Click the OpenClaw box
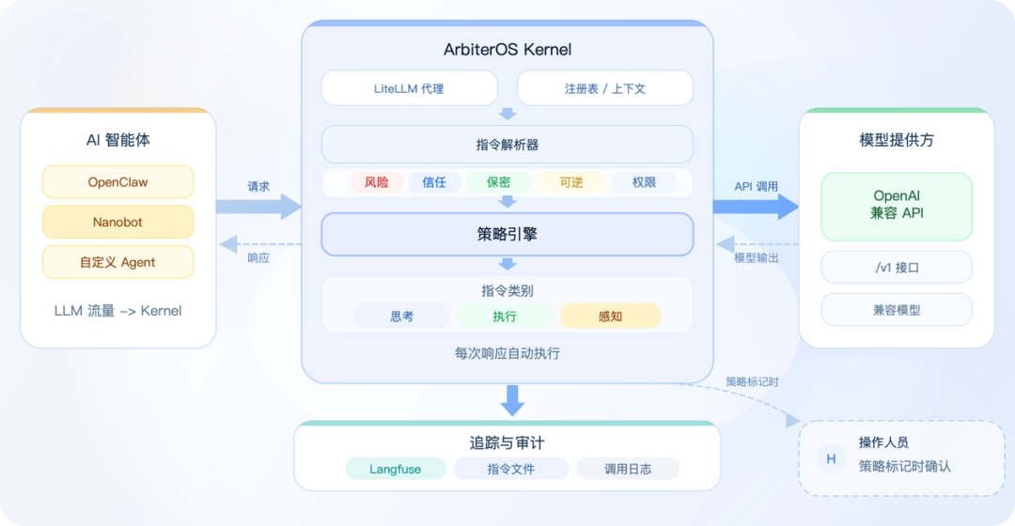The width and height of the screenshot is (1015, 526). click(x=117, y=182)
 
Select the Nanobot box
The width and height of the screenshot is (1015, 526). click(x=117, y=222)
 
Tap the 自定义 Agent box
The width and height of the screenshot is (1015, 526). click(x=117, y=262)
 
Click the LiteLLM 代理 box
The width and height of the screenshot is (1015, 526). click(x=409, y=88)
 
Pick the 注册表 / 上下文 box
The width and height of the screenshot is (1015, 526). click(x=605, y=88)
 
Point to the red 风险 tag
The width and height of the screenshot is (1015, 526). click(x=377, y=182)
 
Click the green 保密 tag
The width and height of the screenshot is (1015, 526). click(x=498, y=182)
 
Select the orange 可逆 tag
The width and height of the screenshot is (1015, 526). click(x=571, y=182)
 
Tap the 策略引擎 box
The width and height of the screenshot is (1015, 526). click(x=507, y=234)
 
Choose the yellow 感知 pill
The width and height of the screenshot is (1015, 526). click(x=611, y=317)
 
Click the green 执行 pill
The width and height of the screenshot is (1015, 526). click(x=505, y=317)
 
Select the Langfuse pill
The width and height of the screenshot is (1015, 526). click(x=396, y=469)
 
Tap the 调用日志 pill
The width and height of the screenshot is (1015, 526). click(x=628, y=469)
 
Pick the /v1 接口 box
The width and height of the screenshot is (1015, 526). click(x=897, y=267)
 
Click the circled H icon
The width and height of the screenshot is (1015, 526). click(x=831, y=458)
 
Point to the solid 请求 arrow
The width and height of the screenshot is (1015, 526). click(x=259, y=207)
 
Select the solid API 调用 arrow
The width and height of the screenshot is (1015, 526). click(x=756, y=207)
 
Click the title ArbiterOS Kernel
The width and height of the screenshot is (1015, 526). click(x=507, y=50)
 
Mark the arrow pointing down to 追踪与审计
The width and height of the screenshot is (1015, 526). click(x=513, y=400)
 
